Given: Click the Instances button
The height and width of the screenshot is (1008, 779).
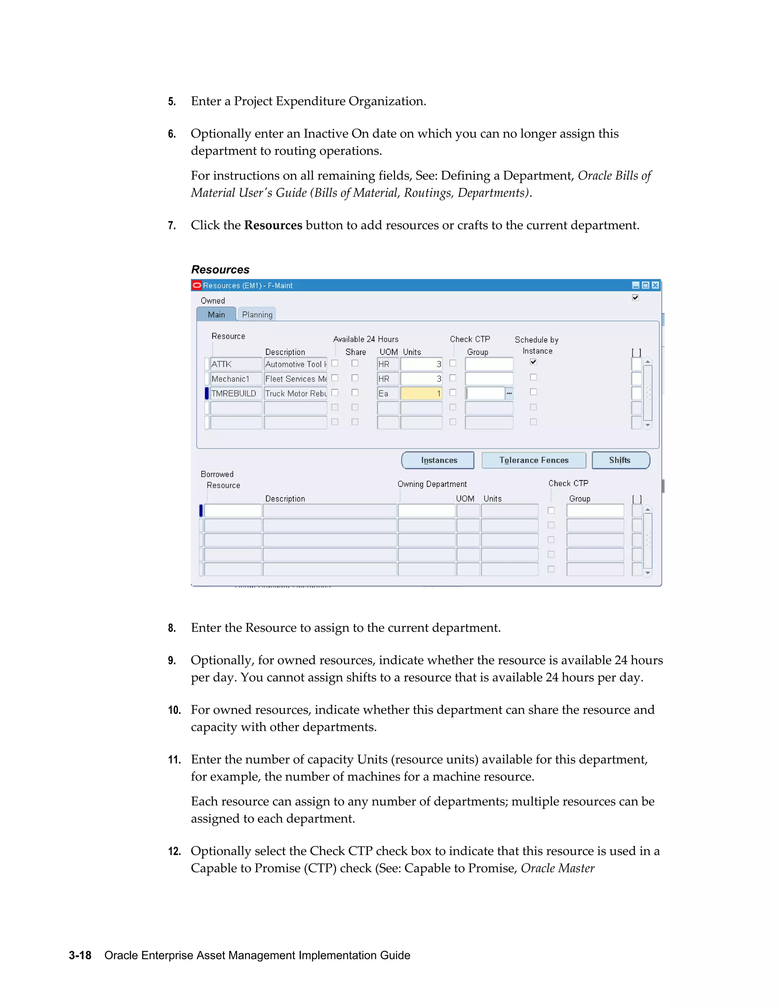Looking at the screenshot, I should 437,460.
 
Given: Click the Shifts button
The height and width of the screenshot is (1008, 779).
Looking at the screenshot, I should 620,460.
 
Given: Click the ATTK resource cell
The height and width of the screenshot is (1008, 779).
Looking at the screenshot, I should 235,364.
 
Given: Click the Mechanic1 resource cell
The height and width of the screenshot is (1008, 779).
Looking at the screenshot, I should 235,379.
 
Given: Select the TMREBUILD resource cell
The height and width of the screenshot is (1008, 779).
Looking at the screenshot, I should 235,394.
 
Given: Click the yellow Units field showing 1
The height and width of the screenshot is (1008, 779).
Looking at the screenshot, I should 421,394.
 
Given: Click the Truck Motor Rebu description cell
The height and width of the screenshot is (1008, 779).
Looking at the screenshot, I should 295,394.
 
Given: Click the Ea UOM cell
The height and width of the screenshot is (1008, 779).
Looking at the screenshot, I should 387,394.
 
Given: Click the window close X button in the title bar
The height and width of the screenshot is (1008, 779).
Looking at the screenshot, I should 655,285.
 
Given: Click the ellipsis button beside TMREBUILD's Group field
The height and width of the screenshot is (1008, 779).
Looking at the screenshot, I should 509,394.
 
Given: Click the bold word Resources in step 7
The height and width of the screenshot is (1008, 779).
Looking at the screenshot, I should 273,225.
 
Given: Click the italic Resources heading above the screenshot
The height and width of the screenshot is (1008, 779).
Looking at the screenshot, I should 220,270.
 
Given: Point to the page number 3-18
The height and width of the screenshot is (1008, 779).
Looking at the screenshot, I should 80,955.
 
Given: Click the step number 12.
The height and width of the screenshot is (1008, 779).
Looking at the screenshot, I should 174,852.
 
